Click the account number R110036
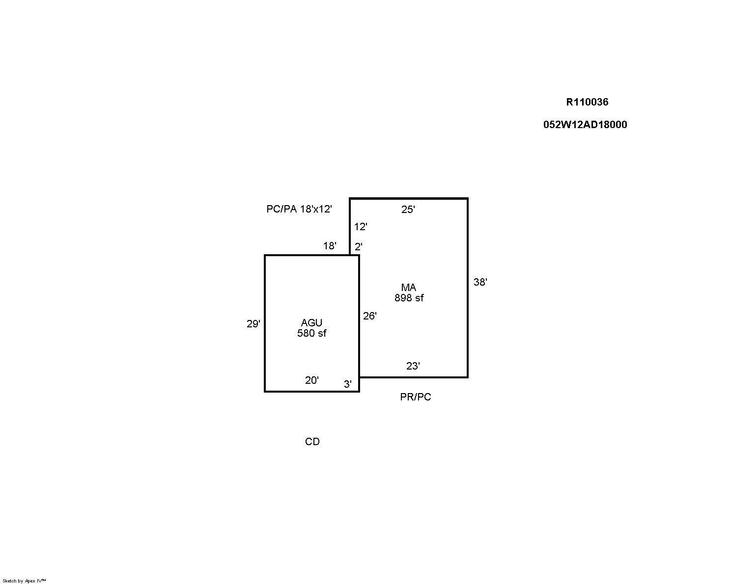click(587, 102)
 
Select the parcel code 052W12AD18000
click(585, 125)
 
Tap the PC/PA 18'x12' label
click(299, 209)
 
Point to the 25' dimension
click(408, 210)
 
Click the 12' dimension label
click(361, 226)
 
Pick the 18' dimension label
click(330, 246)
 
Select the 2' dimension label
click(358, 247)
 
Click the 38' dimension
click(480, 282)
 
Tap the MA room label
click(409, 288)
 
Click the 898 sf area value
click(409, 298)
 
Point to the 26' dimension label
click(369, 316)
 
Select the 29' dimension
click(253, 324)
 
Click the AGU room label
click(311, 322)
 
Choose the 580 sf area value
click(312, 333)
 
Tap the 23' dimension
click(413, 366)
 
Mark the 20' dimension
click(312, 380)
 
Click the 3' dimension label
click(347, 384)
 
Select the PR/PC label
click(416, 397)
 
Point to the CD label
click(312, 442)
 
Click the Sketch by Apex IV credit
click(24, 581)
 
